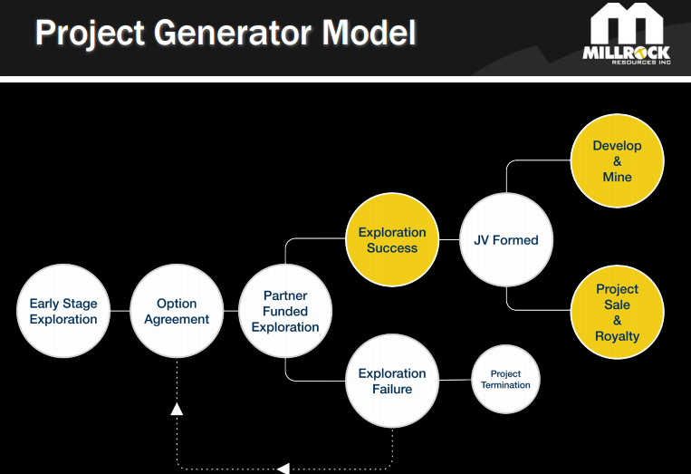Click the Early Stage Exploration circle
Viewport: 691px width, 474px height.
tap(62, 312)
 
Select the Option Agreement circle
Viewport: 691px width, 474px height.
tap(177, 312)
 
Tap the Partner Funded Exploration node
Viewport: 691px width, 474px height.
tap(285, 311)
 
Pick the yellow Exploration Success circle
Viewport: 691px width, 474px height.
tap(392, 240)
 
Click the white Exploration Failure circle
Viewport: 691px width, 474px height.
tap(392, 382)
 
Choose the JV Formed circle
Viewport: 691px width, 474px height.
tap(505, 240)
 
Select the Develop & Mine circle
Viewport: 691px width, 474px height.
tap(617, 161)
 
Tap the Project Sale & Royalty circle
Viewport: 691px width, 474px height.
tap(617, 312)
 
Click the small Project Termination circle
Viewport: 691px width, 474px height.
tap(505, 380)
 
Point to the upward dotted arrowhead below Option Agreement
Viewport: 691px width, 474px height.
tap(177, 409)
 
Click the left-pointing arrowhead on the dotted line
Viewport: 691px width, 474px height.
tap(283, 469)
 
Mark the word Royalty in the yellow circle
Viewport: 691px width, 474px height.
tap(617, 336)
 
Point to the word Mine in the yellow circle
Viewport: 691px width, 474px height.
tap(617, 177)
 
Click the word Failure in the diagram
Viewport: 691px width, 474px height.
tap(392, 390)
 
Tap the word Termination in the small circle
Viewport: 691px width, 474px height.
tap(505, 385)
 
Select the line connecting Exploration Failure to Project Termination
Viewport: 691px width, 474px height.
tap(455, 380)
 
